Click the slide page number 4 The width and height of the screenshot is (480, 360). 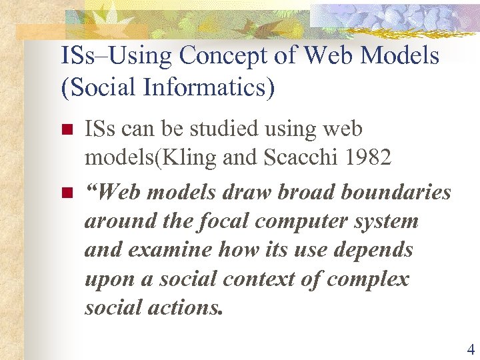point(471,349)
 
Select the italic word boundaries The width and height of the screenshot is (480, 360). point(396,193)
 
